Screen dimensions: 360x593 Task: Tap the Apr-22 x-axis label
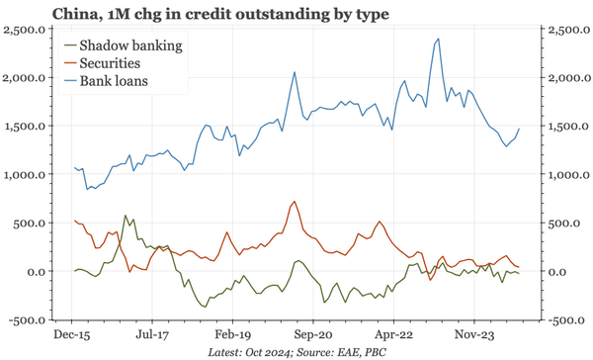tap(392, 333)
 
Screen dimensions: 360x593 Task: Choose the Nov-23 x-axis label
tap(472, 333)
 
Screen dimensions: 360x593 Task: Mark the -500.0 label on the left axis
tap(27, 320)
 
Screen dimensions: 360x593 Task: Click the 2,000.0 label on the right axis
tap(565, 78)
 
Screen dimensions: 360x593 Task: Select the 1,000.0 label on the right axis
tap(565, 175)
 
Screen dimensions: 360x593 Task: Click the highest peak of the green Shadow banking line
tap(125, 215)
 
